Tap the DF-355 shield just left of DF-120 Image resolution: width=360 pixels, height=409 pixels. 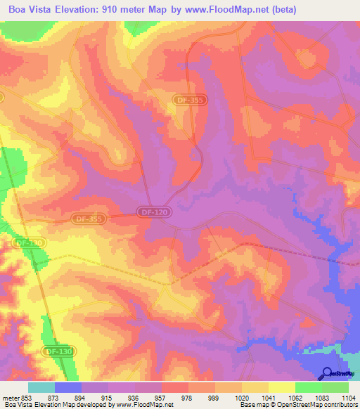(x=86, y=219)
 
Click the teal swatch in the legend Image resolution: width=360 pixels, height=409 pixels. (x=41, y=387)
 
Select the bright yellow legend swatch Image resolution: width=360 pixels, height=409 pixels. (x=282, y=387)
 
